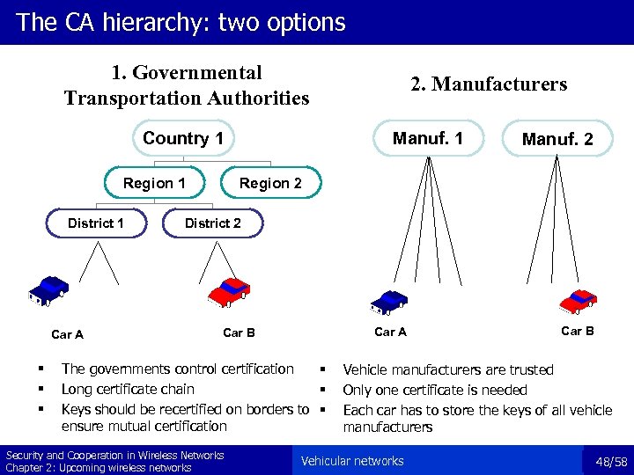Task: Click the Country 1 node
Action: pos(183,138)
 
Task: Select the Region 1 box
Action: pos(154,183)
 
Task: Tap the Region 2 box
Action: pos(270,183)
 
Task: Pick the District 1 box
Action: pos(95,223)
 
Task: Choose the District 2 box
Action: pos(212,223)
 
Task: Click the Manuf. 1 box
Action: pos(427,137)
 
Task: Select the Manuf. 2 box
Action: pos(557,139)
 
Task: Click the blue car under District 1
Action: pos(48,290)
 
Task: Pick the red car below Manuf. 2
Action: pos(579,301)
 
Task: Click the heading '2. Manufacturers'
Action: pos(489,84)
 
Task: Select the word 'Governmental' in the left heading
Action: pos(187,73)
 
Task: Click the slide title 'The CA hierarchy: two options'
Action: pos(181,22)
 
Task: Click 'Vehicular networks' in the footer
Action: pos(352,461)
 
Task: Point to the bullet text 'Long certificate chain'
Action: pos(128,389)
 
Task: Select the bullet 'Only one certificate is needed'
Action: pos(434,390)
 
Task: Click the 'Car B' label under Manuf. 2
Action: pos(578,331)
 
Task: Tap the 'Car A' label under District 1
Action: pos(68,334)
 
